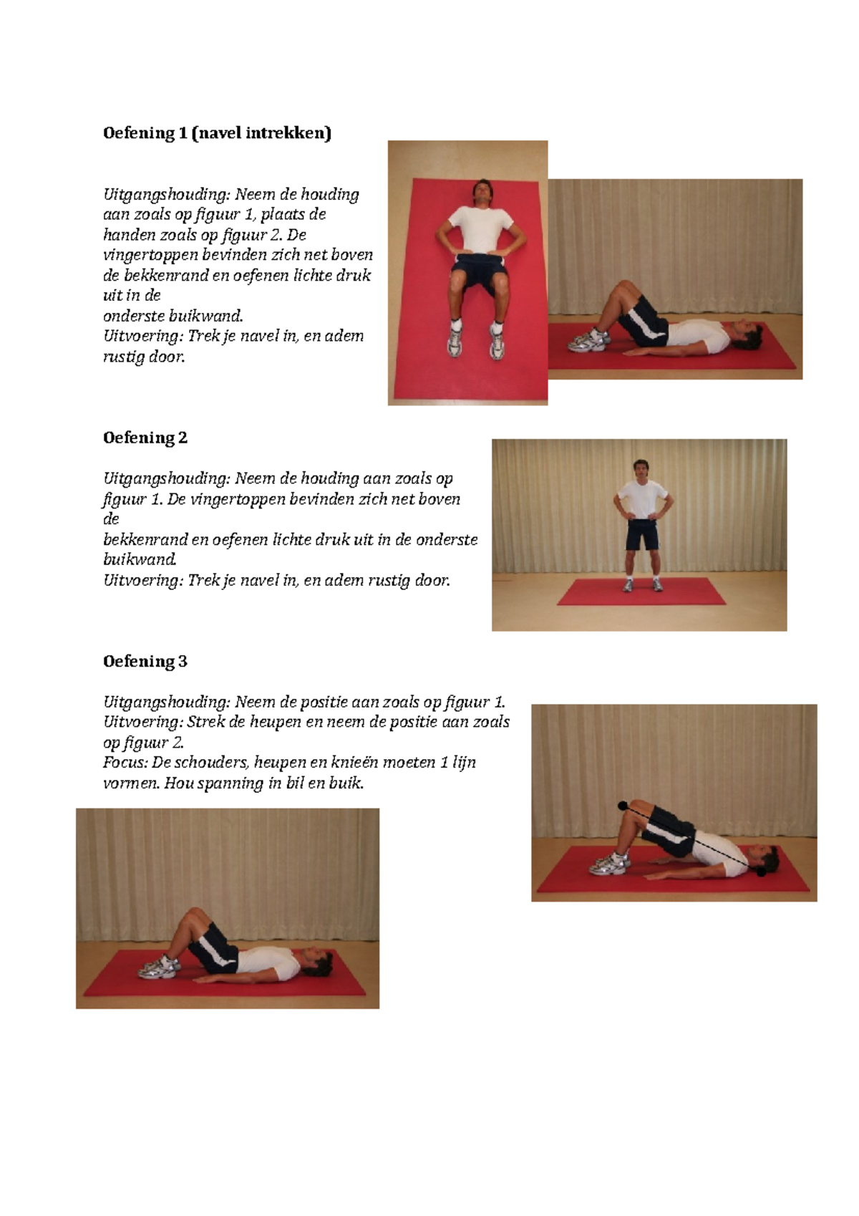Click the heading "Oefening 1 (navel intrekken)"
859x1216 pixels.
217,133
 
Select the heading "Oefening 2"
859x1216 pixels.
145,438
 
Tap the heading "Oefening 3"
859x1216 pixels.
145,661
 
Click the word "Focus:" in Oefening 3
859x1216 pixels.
125,763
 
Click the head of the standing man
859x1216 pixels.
641,470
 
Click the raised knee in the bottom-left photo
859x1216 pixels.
193,915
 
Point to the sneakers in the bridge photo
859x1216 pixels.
610,864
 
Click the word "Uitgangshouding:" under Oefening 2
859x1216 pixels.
167,478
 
